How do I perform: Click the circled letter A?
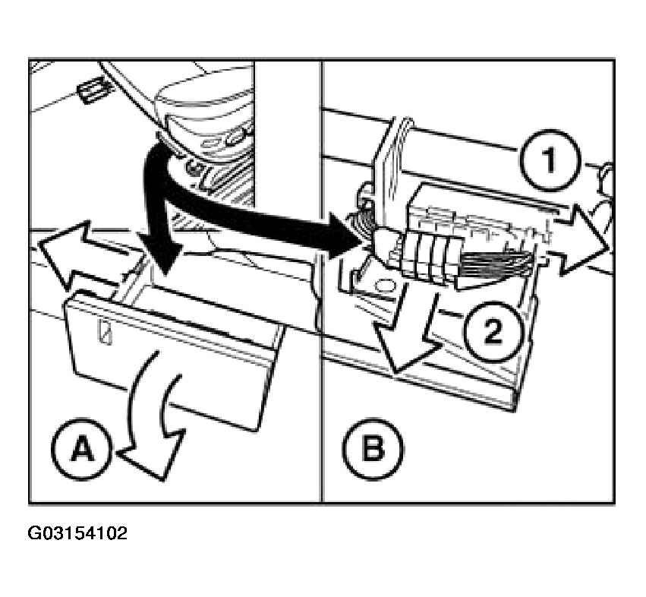pos(82,449)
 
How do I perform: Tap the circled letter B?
pos(373,449)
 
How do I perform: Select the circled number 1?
pos(550,160)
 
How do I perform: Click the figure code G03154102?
pos(77,533)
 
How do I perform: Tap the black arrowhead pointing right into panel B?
pos(344,236)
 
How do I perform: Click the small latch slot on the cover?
pos(105,330)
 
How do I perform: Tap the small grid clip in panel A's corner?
pos(95,89)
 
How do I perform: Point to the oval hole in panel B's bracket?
pos(386,286)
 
